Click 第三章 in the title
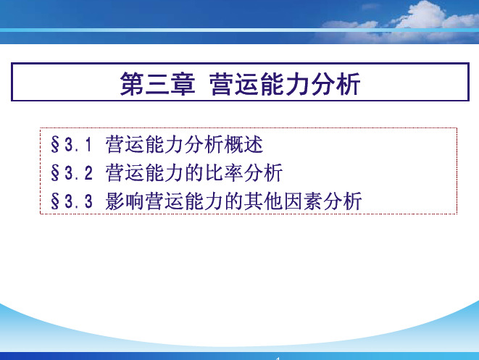click(157, 84)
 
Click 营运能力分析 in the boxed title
click(285, 84)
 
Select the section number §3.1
click(71, 144)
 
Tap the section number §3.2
click(72, 173)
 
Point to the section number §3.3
click(72, 201)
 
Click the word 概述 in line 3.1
click(243, 144)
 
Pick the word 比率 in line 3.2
click(224, 173)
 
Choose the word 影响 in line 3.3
click(125, 201)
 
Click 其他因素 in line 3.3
click(283, 201)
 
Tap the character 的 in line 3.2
click(194, 173)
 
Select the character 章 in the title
click(183, 84)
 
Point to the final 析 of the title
click(349, 84)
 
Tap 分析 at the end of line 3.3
click(343, 201)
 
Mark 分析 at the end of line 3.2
click(263, 173)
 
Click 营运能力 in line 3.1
click(144, 144)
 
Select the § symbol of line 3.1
click(55, 144)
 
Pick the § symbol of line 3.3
click(55, 201)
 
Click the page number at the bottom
click(278, 359)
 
